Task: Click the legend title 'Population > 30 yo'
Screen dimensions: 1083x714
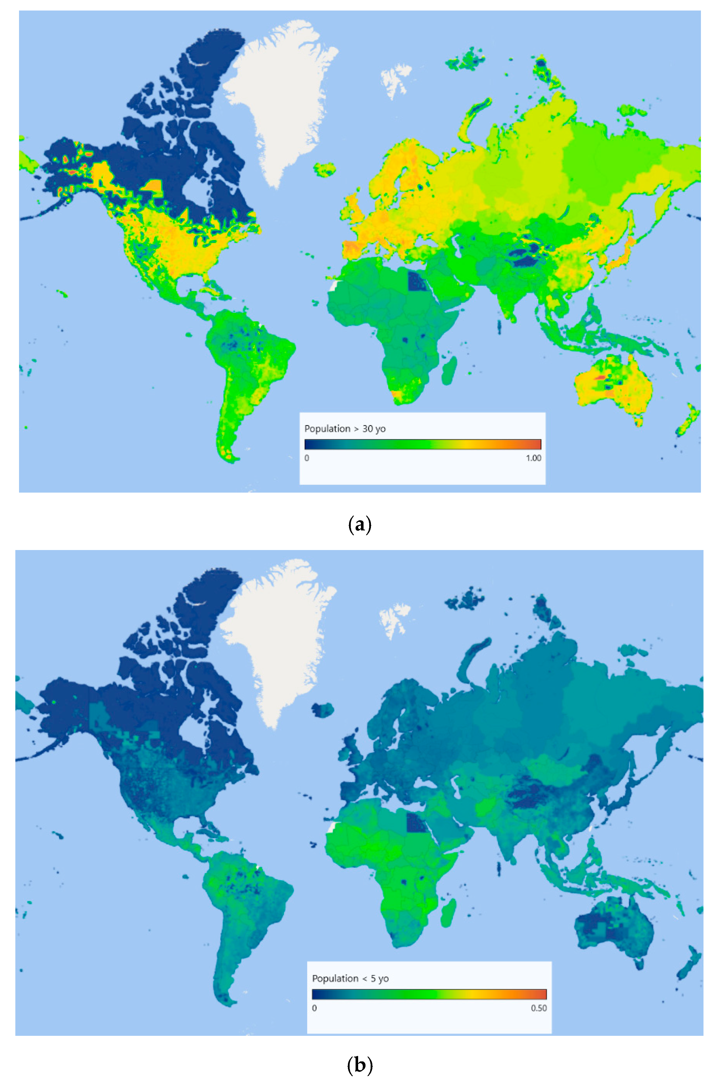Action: [x=345, y=429]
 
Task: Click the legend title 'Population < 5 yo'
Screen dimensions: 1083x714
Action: [x=350, y=978]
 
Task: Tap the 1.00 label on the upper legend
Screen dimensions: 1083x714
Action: [x=533, y=458]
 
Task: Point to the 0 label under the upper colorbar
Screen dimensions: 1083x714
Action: [x=307, y=458]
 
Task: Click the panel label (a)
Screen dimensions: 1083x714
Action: [x=359, y=524]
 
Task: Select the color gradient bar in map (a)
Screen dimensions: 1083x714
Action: [x=423, y=444]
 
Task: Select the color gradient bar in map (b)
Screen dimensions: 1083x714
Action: [x=429, y=994]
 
